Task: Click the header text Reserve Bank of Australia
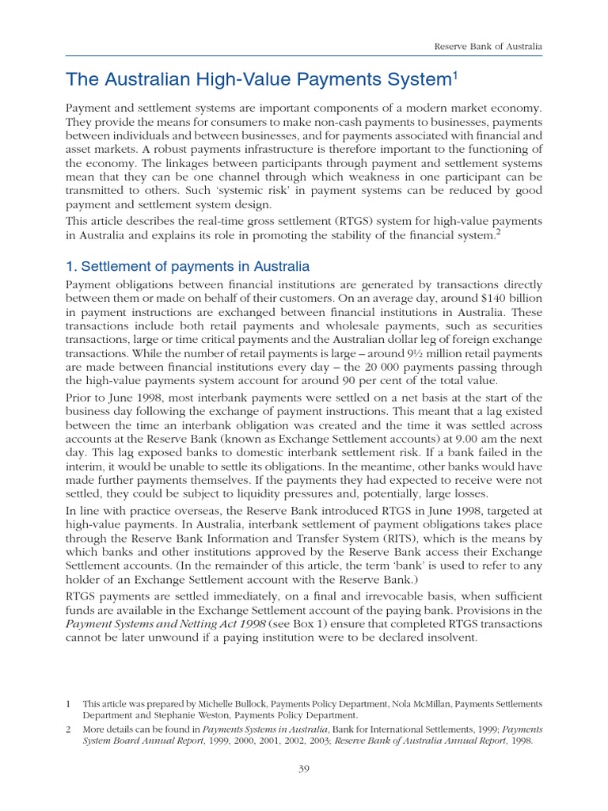click(x=488, y=48)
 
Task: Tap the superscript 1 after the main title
click(x=456, y=75)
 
